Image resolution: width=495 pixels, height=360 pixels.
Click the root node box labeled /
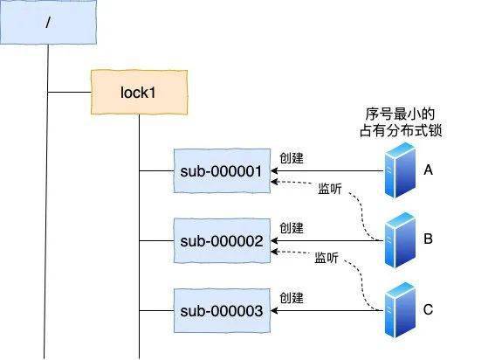pos(48,22)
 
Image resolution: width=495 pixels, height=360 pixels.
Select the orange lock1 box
pos(139,93)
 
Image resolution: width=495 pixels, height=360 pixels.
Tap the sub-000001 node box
pos(222,170)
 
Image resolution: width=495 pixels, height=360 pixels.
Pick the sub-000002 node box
pos(222,240)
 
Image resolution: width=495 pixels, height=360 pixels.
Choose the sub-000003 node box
pos(222,310)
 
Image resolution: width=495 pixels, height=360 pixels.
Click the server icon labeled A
pos(400,170)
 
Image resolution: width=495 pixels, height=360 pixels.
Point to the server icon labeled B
pos(400,240)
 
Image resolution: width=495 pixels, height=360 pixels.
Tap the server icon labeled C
pos(400,309)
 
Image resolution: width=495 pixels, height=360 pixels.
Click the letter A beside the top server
pos(428,170)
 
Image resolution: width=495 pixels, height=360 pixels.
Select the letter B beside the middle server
pos(428,239)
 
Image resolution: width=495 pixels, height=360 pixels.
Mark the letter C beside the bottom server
pos(428,309)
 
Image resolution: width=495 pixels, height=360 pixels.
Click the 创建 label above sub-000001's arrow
pos(292,158)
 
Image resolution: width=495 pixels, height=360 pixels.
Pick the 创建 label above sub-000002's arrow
pos(292,228)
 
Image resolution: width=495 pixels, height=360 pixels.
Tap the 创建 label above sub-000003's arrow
pos(292,298)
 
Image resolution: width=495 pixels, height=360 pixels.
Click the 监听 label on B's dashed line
pos(330,189)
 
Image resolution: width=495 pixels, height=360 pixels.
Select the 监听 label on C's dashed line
pos(327,258)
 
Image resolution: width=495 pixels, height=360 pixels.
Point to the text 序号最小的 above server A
pos(400,114)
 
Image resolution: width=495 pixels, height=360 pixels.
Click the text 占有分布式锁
pos(401,130)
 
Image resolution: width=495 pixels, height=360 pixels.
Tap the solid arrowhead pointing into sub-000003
pos(274,310)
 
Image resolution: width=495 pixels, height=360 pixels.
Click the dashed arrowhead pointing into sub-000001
pos(274,182)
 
